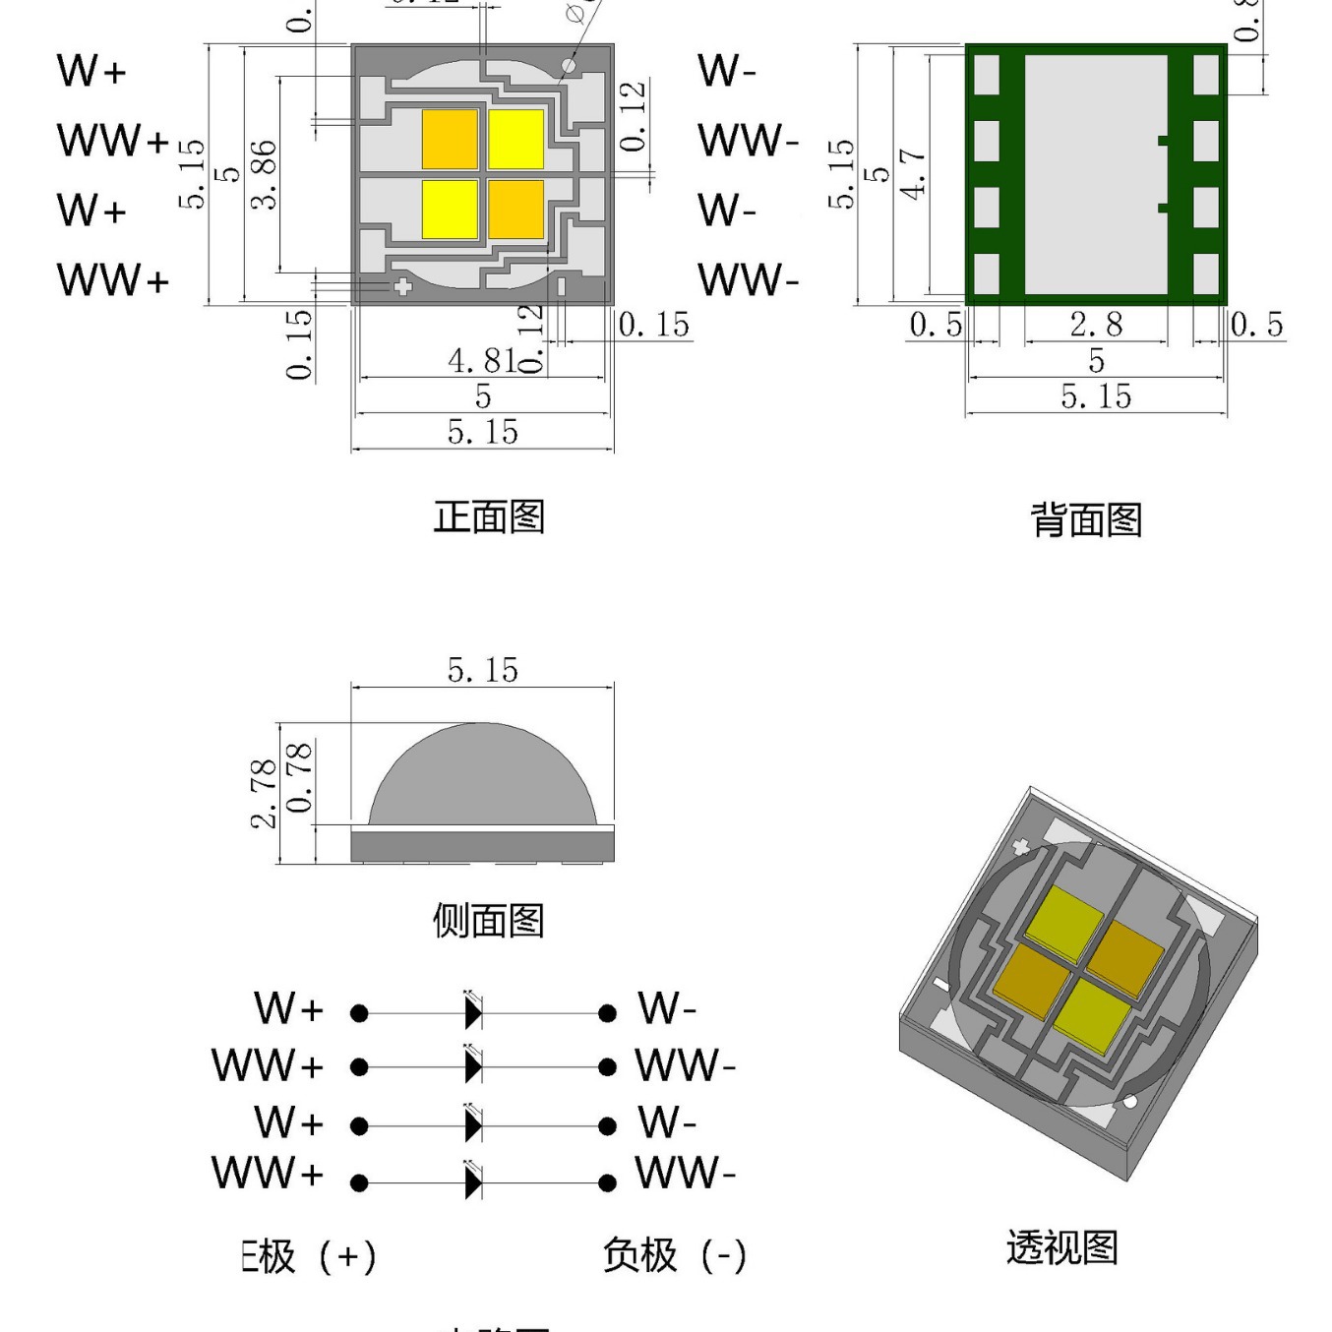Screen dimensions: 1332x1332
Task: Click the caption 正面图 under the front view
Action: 489,516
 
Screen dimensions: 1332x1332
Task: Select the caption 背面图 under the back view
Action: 1086,519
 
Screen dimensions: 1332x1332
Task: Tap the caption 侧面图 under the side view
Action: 489,921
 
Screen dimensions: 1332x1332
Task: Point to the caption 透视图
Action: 1062,1247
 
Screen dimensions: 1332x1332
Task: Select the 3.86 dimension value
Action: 264,174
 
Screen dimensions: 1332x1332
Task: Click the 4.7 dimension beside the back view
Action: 913,174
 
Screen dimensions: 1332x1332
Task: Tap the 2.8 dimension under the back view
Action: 1096,325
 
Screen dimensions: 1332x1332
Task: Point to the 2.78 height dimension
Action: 263,793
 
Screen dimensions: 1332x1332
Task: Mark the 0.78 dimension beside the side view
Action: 299,777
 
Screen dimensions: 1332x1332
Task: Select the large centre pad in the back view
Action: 1096,174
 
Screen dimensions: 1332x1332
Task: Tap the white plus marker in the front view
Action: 402,287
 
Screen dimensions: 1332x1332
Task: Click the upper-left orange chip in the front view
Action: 450,139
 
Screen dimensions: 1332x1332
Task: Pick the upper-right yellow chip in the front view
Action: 516,139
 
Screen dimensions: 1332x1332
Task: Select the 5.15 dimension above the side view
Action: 482,670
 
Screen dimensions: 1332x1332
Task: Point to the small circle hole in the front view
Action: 569,66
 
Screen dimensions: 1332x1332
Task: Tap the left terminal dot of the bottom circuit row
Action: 359,1182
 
